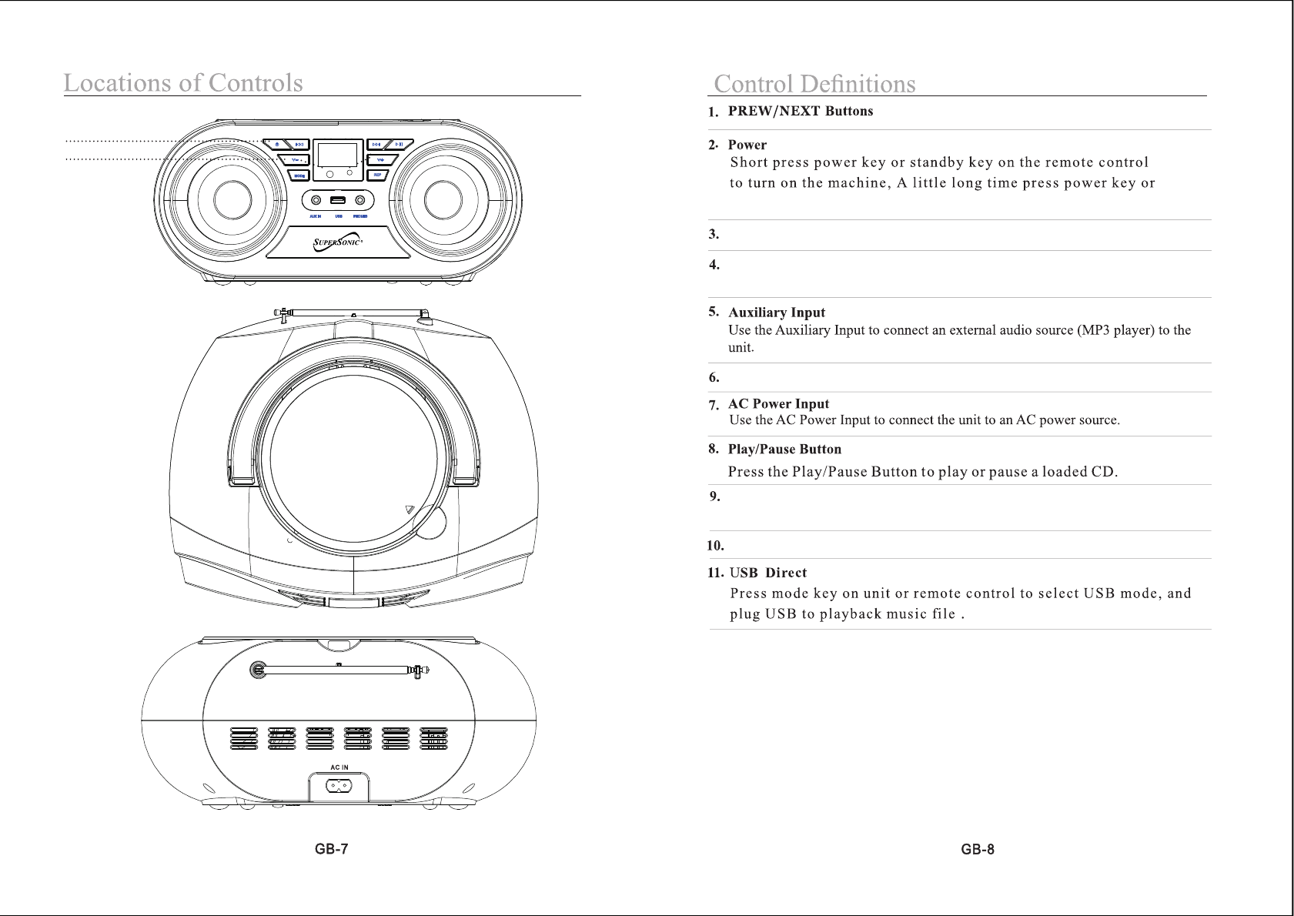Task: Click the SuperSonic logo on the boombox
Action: [339, 244]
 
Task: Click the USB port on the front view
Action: [339, 201]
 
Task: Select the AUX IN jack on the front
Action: [316, 201]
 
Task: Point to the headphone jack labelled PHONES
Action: [360, 201]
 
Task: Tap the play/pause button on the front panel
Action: [400, 145]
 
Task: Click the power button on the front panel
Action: [276, 145]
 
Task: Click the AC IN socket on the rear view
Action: [339, 785]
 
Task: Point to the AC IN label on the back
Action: [339, 767]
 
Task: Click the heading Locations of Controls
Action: [183, 82]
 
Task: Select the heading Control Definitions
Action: [814, 83]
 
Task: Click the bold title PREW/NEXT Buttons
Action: [800, 111]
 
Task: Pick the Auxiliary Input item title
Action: [776, 313]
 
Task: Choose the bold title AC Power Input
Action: [778, 404]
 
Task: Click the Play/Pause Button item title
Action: [784, 450]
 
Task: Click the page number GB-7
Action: [331, 850]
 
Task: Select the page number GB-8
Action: [977, 850]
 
